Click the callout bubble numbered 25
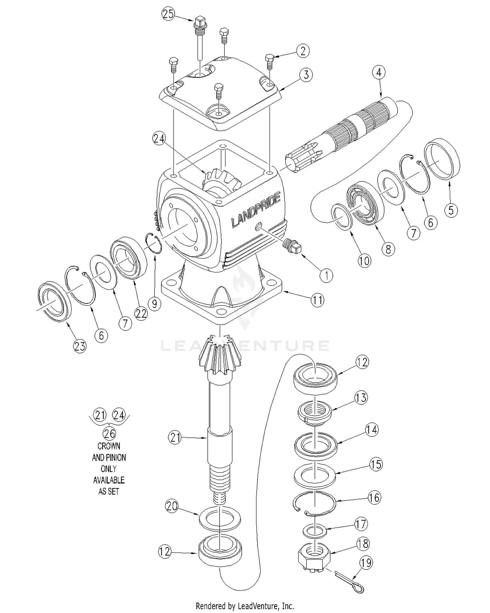[x=168, y=14]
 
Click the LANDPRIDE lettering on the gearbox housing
[x=256, y=210]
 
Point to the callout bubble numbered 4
[x=379, y=72]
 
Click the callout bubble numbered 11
[x=317, y=300]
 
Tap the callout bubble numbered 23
[x=80, y=346]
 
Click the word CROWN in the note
[x=109, y=446]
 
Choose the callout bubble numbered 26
[x=109, y=434]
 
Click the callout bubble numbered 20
[x=172, y=506]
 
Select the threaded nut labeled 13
[x=315, y=414]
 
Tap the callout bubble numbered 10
[x=364, y=261]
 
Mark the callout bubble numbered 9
[x=154, y=304]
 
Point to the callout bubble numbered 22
[x=141, y=313]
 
